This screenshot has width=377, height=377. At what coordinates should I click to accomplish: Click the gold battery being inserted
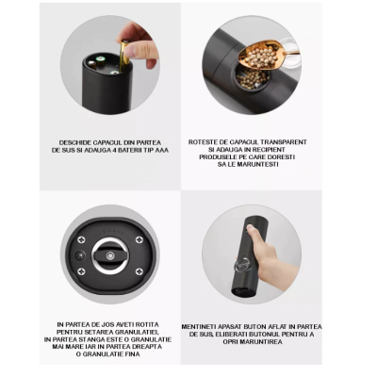click(x=122, y=54)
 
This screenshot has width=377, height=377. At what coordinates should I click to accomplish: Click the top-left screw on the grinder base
click(x=82, y=238)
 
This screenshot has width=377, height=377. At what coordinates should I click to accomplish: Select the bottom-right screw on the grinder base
click(x=139, y=272)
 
